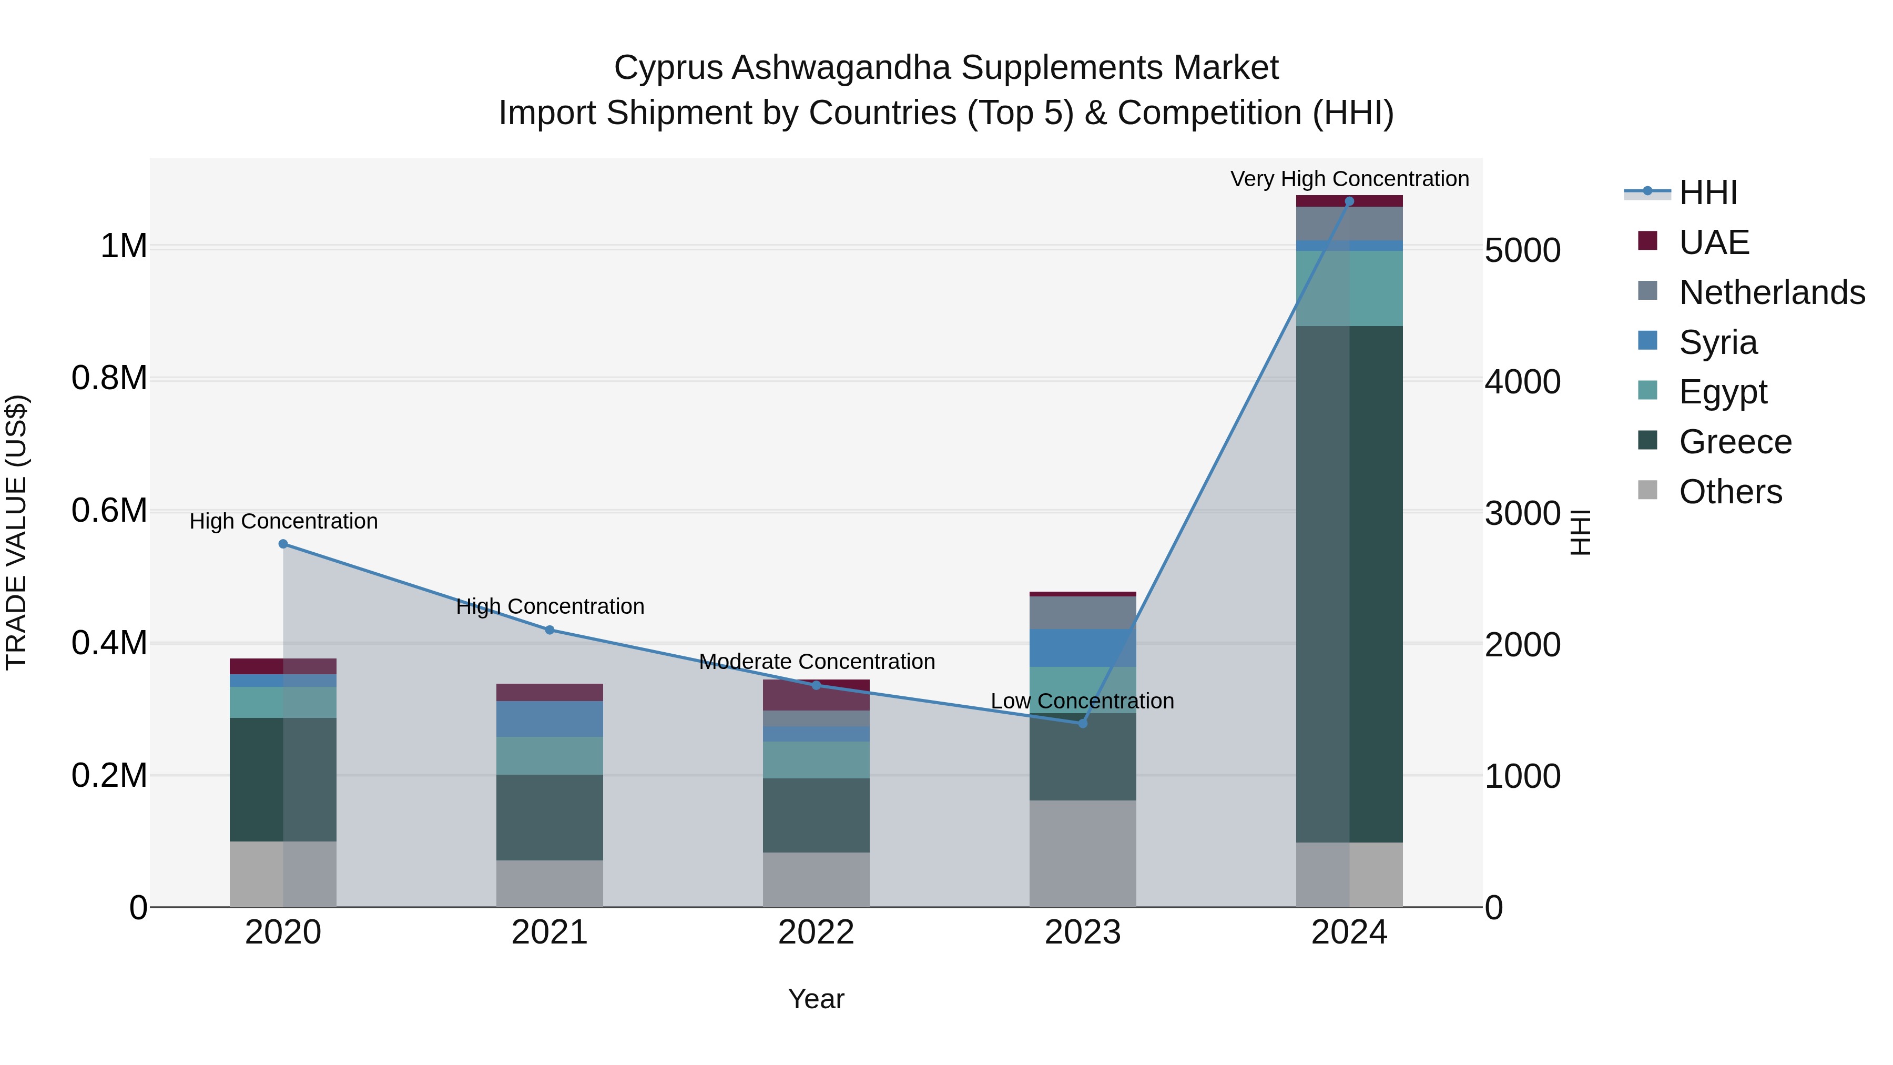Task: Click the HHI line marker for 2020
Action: click(x=283, y=544)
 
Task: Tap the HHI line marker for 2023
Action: click(x=1083, y=723)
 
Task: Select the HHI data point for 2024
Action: click(x=1349, y=201)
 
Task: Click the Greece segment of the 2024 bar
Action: click(x=1349, y=584)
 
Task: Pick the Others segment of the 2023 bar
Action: click(x=1083, y=854)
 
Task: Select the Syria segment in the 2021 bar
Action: click(x=549, y=719)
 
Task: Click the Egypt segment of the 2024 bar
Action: click(x=1349, y=288)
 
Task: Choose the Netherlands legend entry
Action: click(x=1772, y=292)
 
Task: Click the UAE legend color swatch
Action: click(x=1647, y=241)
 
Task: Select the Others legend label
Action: click(x=1731, y=492)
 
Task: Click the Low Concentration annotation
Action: click(x=1083, y=701)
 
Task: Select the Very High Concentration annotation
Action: click(x=1349, y=179)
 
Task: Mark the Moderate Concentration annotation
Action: click(x=817, y=662)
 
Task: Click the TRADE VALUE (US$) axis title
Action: click(x=17, y=532)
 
